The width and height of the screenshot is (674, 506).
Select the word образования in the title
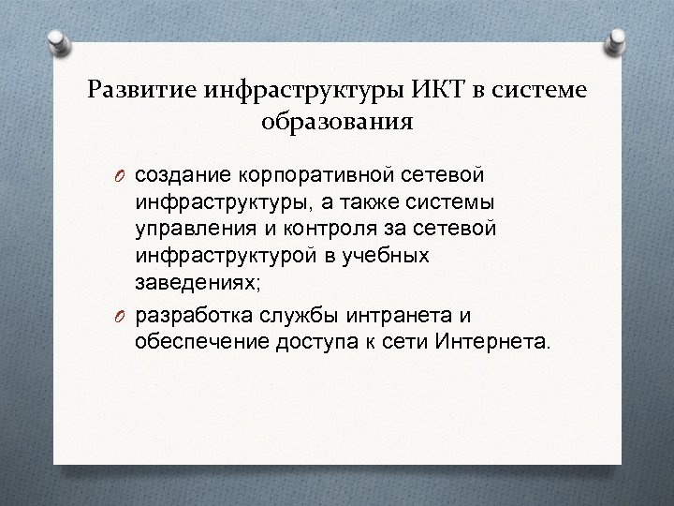pos(336,121)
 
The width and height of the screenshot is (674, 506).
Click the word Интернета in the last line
pos(495,339)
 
